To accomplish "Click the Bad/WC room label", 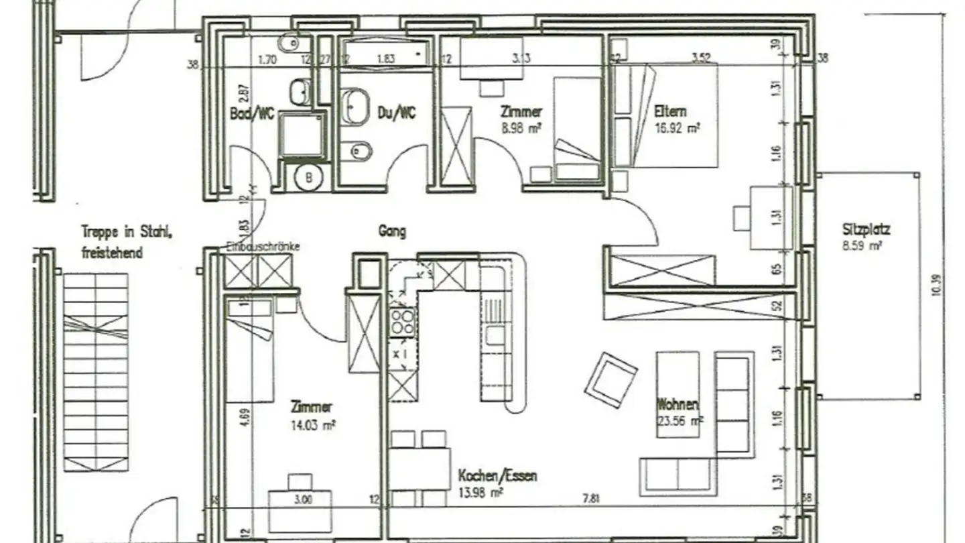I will (252, 113).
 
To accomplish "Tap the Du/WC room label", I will (397, 113).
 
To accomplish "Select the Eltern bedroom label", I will (670, 111).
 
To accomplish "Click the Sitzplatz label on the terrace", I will (866, 230).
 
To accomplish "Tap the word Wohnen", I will (678, 405).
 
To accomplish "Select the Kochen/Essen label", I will (497, 477).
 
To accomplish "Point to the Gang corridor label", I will (392, 232).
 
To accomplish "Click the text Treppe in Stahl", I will (128, 233).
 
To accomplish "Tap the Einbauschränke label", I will (263, 247).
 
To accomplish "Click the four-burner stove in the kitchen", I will (402, 322).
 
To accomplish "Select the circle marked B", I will (309, 178).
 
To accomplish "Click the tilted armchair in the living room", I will (610, 380).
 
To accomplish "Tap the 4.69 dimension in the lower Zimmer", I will (246, 418).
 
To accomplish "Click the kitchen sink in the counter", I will (495, 335).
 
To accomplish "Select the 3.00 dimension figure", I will (302, 499).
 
